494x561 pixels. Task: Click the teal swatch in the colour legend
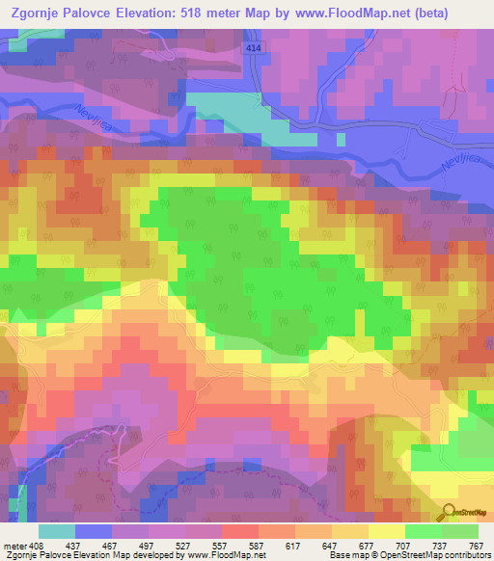(56, 531)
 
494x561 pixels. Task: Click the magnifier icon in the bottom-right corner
(447, 513)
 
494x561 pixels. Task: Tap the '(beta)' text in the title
(464, 12)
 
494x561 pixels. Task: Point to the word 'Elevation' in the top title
(171, 12)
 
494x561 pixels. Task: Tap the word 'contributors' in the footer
(468, 555)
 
